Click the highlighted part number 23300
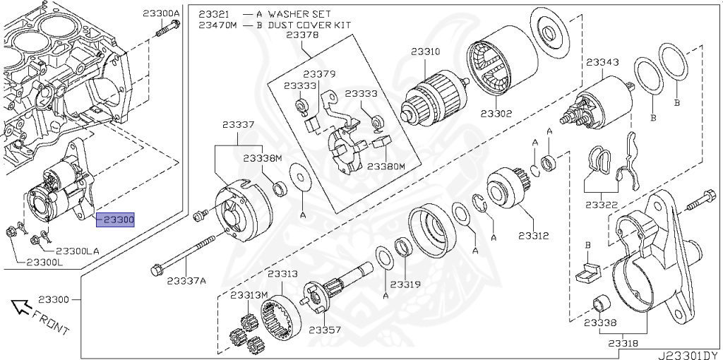tap(115, 220)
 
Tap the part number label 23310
tap(427, 52)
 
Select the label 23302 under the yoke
tap(497, 112)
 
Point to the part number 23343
tap(602, 62)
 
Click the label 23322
tap(601, 205)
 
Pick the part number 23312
tap(533, 235)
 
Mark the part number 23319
tap(405, 284)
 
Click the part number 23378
tap(302, 35)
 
